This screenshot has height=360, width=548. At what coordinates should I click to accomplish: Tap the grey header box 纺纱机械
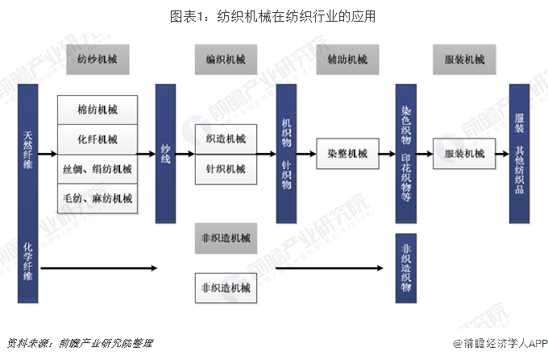pos(98,60)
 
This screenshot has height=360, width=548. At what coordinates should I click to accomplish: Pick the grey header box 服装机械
pos(464,60)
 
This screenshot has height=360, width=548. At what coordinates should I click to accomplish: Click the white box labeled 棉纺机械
pos(98,109)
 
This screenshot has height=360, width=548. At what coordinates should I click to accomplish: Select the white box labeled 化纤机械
pos(98,139)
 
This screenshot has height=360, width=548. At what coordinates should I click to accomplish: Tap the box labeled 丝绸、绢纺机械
pos(98,169)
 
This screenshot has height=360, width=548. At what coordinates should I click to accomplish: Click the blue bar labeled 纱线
pos(166,152)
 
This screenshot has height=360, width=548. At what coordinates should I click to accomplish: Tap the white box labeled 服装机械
pos(463,153)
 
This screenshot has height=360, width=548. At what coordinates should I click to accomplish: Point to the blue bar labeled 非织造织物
pos(405,268)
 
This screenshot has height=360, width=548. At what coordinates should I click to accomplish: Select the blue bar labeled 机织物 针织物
pos(285,152)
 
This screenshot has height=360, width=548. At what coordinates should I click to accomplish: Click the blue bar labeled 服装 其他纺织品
pos(519,153)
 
